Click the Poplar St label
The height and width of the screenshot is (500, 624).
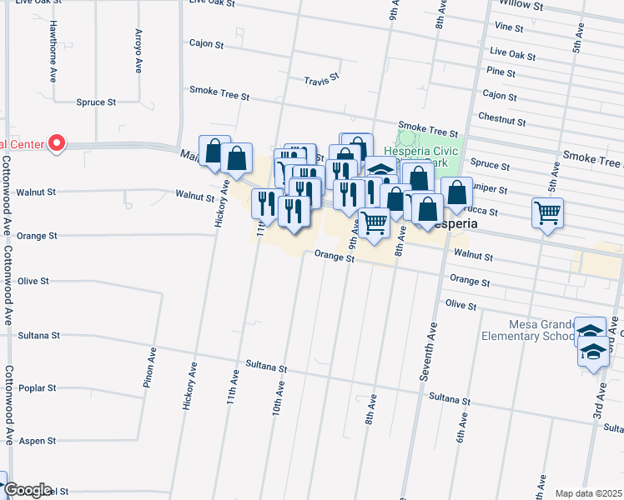point(38,387)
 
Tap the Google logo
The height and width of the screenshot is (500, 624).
point(28,490)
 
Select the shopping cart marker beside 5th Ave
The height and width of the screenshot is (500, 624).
point(547,213)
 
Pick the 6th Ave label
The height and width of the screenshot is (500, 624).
point(459,430)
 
